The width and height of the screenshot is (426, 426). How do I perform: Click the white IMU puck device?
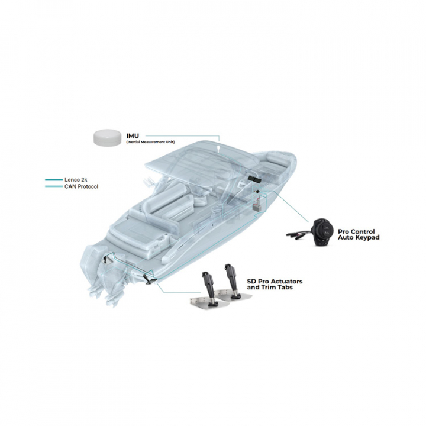pos(107,137)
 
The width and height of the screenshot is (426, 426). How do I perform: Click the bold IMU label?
pos(133,136)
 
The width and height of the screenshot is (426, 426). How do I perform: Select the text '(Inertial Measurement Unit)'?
pos(150,142)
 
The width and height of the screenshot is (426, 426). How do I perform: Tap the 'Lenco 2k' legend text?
pos(76,180)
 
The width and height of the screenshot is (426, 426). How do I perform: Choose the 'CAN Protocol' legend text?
pos(81,186)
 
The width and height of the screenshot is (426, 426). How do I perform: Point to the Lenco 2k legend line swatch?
pos(54,180)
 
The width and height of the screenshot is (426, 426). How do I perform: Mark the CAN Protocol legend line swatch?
pos(54,186)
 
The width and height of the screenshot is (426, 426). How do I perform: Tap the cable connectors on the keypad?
pos(299,234)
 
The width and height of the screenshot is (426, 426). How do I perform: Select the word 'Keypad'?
pos(368,237)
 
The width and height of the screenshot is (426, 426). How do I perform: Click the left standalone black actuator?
pos(209,288)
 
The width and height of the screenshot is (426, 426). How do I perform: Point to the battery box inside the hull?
pos(256,207)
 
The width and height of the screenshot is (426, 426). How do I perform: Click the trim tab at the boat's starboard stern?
pos(150,279)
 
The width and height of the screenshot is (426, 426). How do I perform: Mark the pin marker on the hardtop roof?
pos(218,150)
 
